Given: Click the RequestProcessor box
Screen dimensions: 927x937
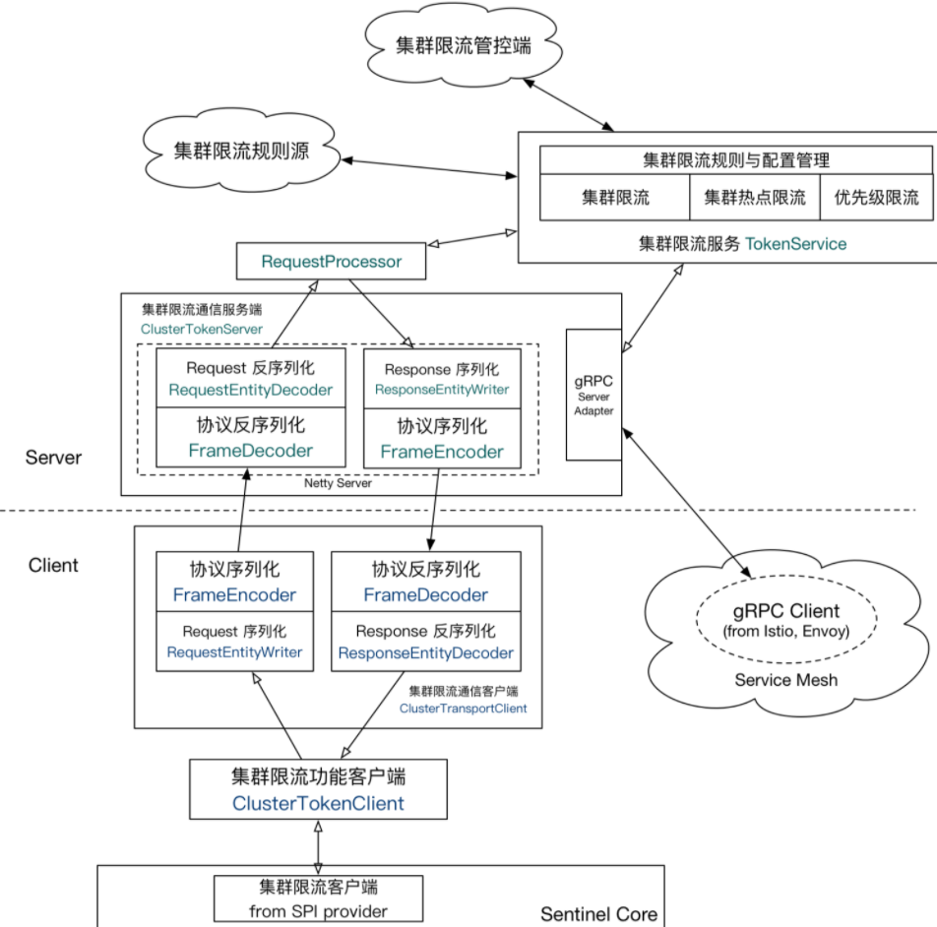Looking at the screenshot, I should (331, 262).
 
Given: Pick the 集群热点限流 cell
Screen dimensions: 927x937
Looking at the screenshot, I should (754, 198).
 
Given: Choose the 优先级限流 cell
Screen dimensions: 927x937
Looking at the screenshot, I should (876, 198).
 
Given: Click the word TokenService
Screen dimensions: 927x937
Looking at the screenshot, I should (795, 243).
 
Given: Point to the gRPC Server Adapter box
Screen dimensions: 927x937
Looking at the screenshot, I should (593, 394).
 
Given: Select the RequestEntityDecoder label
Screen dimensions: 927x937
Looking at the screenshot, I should (250, 390).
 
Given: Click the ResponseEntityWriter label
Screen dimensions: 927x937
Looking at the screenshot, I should (442, 390).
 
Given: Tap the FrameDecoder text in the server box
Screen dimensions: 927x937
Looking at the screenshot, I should (250, 452).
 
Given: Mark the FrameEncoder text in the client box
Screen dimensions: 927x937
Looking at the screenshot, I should (234, 595).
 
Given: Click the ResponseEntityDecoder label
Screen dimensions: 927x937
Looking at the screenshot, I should (425, 653).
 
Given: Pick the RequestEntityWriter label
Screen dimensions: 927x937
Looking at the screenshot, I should (234, 652).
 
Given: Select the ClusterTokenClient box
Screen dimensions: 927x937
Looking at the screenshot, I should (317, 789).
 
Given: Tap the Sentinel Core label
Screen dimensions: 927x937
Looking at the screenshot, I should (598, 914).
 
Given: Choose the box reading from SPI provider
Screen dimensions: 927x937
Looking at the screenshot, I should (317, 896).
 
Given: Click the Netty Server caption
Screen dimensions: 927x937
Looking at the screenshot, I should (338, 484).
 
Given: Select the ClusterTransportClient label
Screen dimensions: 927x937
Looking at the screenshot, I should (463, 709).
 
